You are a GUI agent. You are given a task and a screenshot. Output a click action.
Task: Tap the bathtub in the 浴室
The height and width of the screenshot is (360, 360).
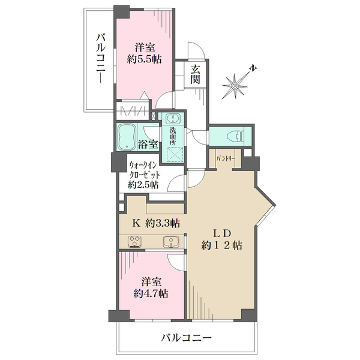pyautogui.click(x=127, y=137)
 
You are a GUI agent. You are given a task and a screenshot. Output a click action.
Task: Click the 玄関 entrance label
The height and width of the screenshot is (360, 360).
pyautogui.click(x=196, y=74)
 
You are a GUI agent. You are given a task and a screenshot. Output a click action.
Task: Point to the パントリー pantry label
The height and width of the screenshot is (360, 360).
pyautogui.click(x=225, y=158)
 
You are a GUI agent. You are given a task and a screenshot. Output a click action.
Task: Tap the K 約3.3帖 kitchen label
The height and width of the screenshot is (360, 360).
pyautogui.click(x=155, y=223)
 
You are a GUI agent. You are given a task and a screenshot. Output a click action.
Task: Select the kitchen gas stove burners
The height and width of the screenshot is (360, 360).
pyautogui.click(x=135, y=242)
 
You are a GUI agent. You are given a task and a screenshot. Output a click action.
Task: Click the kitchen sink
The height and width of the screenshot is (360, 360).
pyautogui.click(x=171, y=242)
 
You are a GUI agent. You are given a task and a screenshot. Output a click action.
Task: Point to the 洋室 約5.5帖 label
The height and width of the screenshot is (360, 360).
pyautogui.click(x=144, y=53)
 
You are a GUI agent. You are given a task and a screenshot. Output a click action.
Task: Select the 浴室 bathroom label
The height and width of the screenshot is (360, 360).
pyautogui.click(x=148, y=144)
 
